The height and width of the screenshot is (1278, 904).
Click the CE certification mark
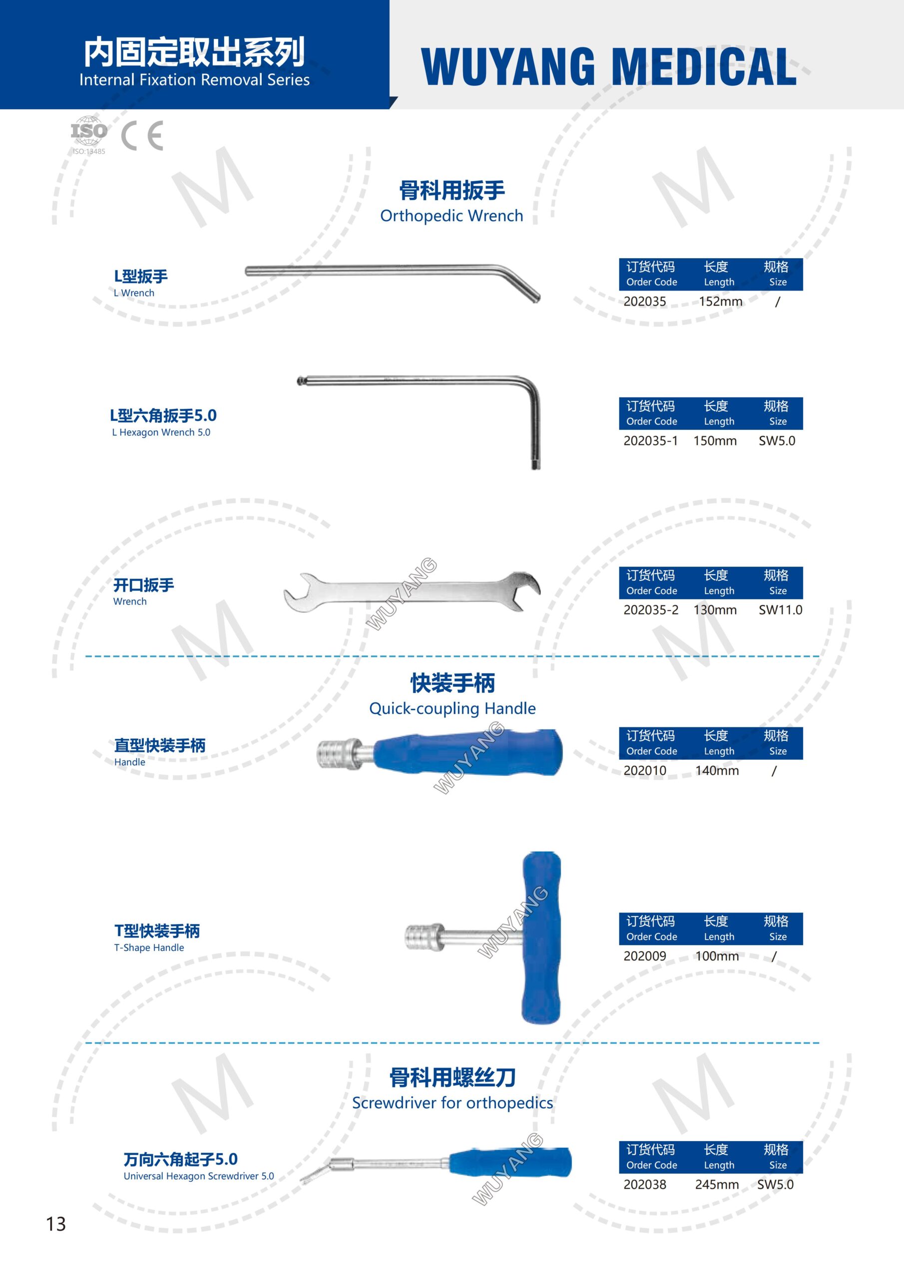pyautogui.click(x=142, y=135)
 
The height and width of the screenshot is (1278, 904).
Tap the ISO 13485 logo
pyautogui.click(x=88, y=135)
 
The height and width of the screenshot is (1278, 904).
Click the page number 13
pyautogui.click(x=56, y=1224)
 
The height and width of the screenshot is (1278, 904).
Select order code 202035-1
pyautogui.click(x=651, y=440)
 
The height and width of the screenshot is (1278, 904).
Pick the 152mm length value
pyautogui.click(x=720, y=301)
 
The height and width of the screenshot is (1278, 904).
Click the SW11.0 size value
pyautogui.click(x=780, y=610)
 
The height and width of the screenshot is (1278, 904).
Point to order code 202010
pyautogui.click(x=644, y=770)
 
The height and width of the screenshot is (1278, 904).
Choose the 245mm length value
pyautogui.click(x=717, y=1184)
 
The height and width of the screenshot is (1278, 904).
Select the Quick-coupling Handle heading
pyautogui.click(x=452, y=708)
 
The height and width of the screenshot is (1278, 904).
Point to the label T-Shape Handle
pyautogui.click(x=149, y=948)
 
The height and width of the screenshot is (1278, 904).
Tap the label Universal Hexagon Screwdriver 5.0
pyautogui.click(x=198, y=1176)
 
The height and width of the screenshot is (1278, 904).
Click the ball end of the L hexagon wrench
pyautogui.click(x=301, y=381)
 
